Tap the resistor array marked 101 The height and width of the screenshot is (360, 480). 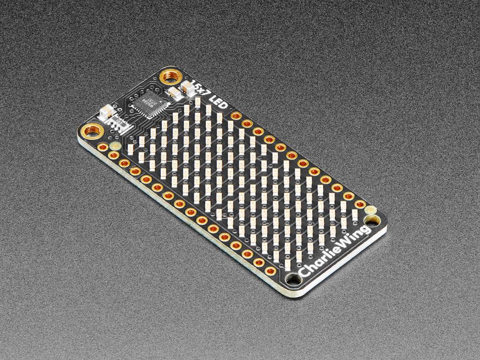(120, 121)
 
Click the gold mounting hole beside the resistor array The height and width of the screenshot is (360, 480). (92, 131)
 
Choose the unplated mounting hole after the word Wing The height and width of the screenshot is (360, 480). (370, 212)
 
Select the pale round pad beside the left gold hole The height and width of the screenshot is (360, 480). (115, 146)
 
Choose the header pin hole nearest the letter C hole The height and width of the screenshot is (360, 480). (271, 270)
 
